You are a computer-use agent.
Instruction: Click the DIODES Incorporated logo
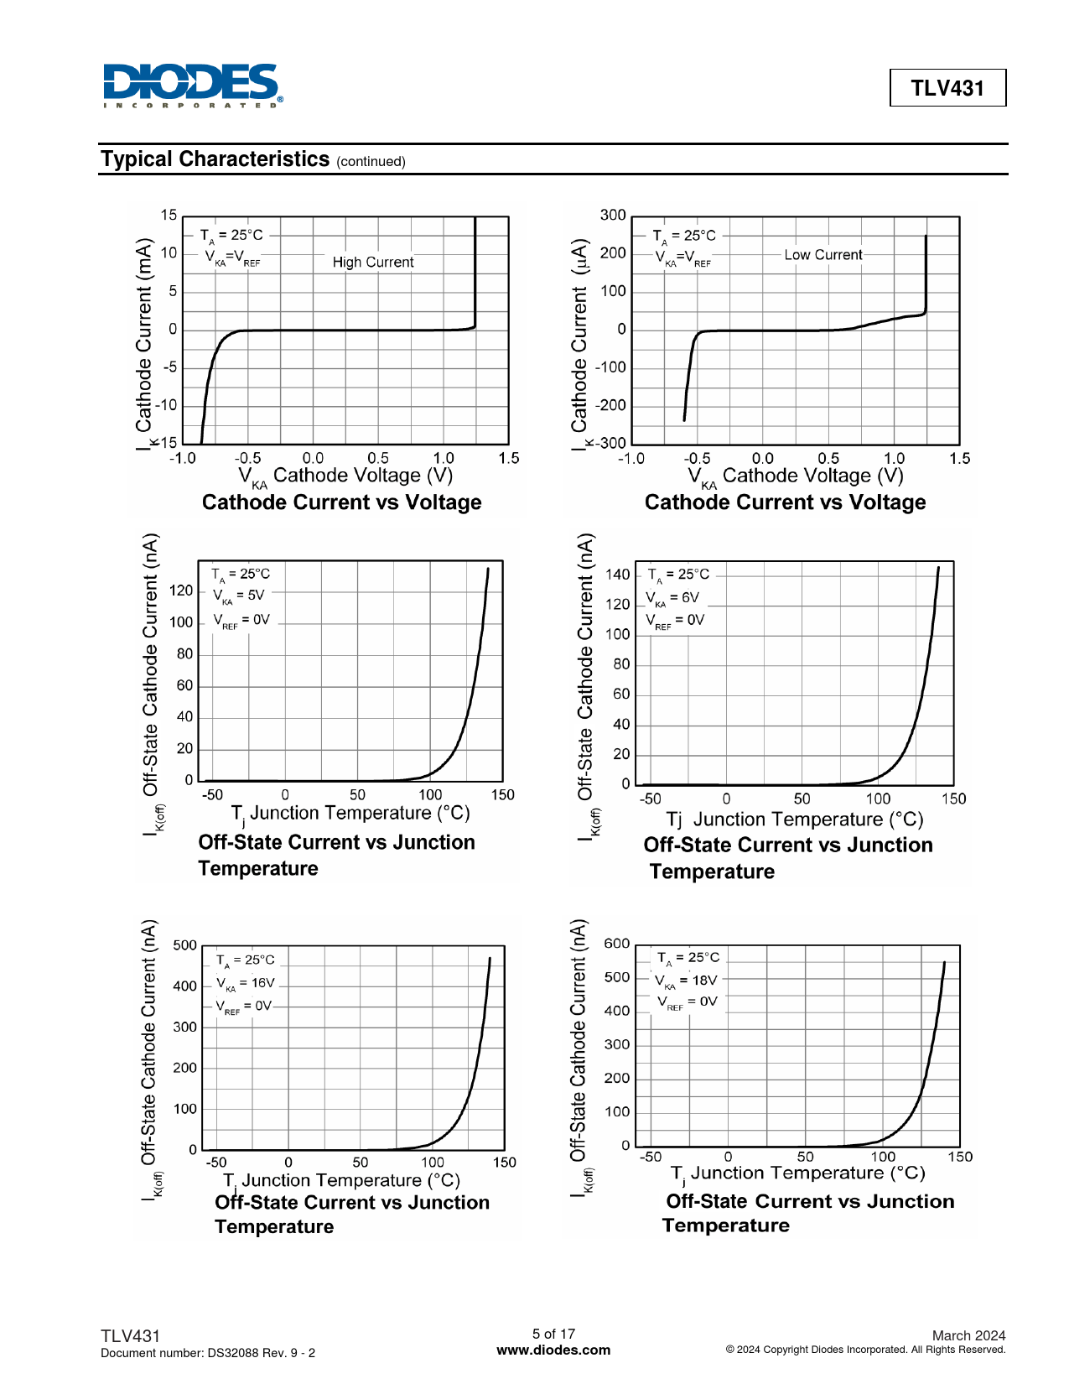(193, 86)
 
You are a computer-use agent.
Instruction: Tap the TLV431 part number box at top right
(947, 88)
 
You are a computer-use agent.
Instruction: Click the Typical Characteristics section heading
(215, 159)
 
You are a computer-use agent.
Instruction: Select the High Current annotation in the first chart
(373, 263)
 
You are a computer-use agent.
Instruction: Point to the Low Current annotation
(823, 255)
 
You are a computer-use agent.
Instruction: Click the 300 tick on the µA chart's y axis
(613, 216)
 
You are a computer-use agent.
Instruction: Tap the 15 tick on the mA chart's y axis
(169, 216)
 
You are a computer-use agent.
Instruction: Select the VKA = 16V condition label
(246, 983)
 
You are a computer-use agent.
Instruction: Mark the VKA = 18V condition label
(687, 981)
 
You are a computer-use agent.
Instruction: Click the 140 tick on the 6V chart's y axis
(617, 575)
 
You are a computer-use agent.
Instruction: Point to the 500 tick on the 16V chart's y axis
(184, 945)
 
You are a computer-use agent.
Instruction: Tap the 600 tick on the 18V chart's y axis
(616, 944)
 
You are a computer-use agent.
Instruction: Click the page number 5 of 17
(553, 1334)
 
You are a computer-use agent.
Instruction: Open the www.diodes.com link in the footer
(553, 1350)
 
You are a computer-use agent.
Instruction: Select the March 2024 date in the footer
(968, 1335)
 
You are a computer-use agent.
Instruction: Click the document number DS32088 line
(208, 1353)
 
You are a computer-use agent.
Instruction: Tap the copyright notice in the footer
(865, 1350)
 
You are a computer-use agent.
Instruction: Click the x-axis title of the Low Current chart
(796, 476)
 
